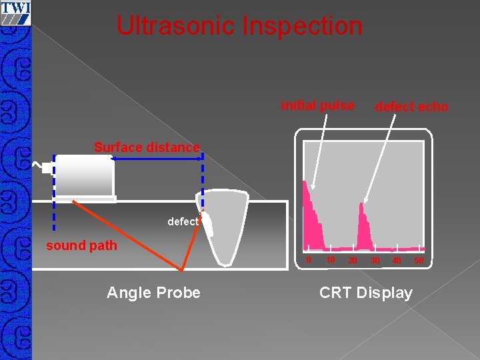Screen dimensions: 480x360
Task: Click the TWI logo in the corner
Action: click(15, 12)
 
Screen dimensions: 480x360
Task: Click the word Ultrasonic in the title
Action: click(176, 26)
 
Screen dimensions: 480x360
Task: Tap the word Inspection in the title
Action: click(303, 26)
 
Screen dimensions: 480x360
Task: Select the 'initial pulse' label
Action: click(317, 105)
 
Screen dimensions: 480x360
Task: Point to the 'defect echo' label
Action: click(411, 107)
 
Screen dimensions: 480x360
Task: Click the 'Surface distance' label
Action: click(147, 147)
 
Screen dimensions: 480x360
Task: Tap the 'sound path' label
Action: click(81, 245)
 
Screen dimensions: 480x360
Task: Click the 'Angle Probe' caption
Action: click(153, 293)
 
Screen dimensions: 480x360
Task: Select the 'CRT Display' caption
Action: click(366, 293)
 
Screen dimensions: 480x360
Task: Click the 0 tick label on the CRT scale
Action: click(308, 259)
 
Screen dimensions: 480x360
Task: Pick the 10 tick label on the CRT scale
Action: click(331, 259)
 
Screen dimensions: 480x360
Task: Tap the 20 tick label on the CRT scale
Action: click(353, 260)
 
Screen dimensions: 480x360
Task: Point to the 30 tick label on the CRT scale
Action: click(375, 260)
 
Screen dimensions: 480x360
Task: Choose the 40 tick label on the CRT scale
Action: click(397, 260)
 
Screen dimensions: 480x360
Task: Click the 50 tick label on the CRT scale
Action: click(419, 260)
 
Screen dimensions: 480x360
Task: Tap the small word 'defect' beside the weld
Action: click(183, 222)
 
